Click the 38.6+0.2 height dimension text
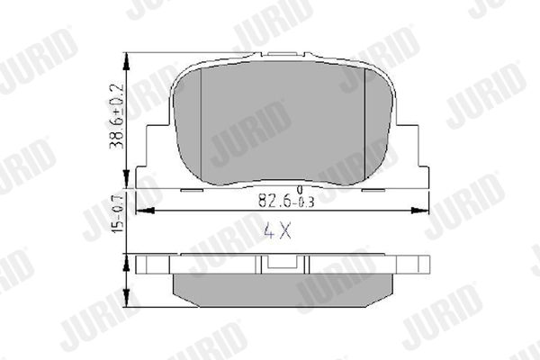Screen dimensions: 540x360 pyautogui.click(x=116, y=116)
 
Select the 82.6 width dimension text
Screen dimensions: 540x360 pyautogui.click(x=274, y=201)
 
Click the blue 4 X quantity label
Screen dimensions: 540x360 pyautogui.click(x=277, y=230)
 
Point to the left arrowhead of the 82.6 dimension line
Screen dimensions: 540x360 pyautogui.click(x=145, y=211)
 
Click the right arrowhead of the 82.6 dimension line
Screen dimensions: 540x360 pyautogui.click(x=420, y=211)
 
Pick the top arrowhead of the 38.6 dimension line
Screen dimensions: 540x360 pyautogui.click(x=127, y=62)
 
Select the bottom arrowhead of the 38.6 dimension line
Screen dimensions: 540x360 pyautogui.click(x=127, y=179)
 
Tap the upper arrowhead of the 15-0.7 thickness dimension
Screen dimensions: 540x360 pyautogui.click(x=127, y=263)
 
